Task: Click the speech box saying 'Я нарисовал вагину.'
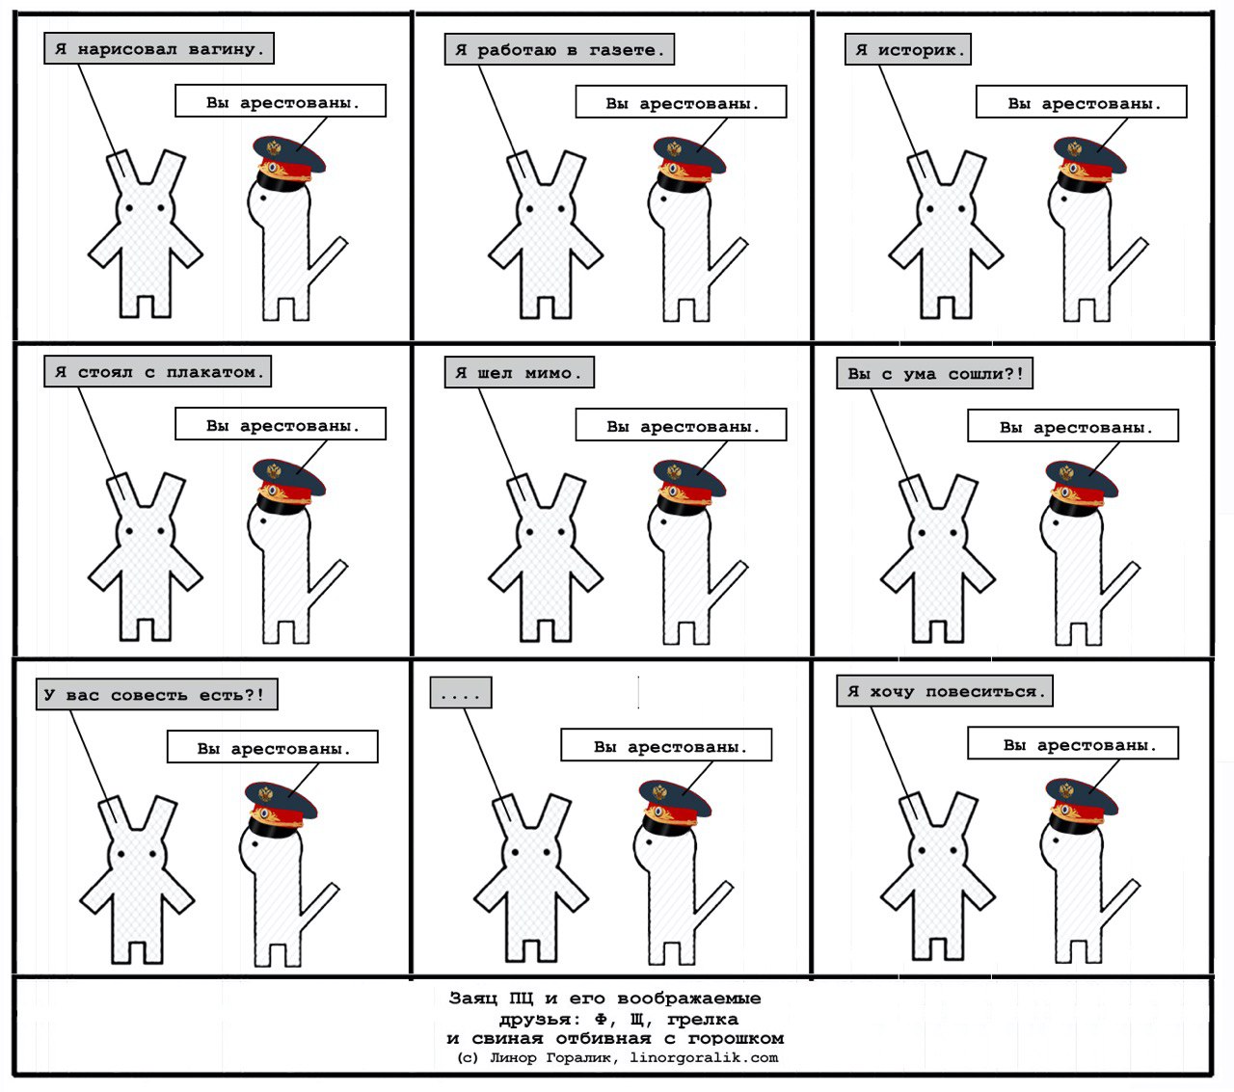[159, 48]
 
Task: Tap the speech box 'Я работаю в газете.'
[559, 49]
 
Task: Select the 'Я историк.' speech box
[907, 49]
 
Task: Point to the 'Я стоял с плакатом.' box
[158, 371]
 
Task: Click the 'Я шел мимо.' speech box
[519, 372]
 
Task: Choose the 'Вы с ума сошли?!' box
[934, 373]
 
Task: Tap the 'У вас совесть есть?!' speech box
[157, 694]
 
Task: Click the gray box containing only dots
[461, 692]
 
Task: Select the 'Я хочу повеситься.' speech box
[944, 691]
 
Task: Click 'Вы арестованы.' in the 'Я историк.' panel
[1081, 102]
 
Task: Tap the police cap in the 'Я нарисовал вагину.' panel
[287, 163]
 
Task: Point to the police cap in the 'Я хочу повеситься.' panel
[1081, 806]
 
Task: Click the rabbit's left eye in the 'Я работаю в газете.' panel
[530, 209]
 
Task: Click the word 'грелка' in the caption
[702, 1019]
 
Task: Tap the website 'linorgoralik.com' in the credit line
[704, 1057]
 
